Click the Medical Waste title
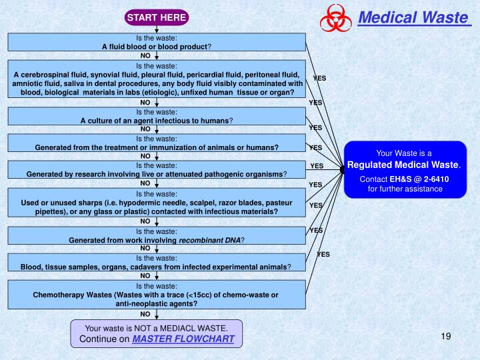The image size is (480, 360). [413, 17]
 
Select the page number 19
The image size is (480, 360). [446, 336]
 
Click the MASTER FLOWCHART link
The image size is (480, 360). [183, 339]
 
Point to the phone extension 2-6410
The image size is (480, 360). [433, 179]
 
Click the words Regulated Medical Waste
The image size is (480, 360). [403, 164]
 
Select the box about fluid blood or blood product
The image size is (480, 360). [156, 43]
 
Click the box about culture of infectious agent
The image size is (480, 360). [156, 117]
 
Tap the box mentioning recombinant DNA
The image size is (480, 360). [156, 235]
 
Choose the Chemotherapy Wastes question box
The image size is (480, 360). [156, 294]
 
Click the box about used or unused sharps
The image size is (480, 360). [156, 202]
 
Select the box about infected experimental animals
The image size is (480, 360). [156, 262]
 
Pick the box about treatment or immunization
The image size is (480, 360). [156, 143]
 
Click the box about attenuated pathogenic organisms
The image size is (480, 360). [156, 169]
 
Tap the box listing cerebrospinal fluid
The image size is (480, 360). [156, 79]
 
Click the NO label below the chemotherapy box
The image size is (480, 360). [145, 313]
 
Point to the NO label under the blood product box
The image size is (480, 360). [145, 56]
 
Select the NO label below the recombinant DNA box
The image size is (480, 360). [145, 248]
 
